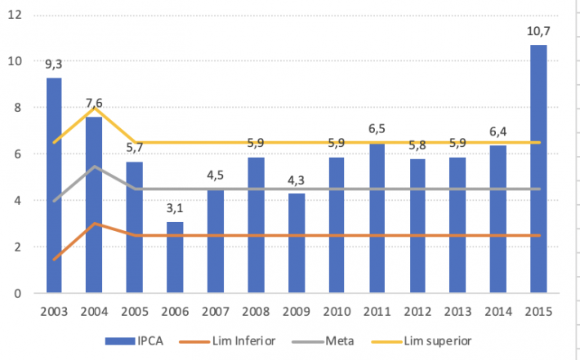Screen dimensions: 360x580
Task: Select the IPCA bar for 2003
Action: click(x=54, y=184)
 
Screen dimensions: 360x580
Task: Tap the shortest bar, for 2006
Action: click(x=175, y=257)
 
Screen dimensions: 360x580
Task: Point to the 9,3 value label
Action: click(x=54, y=64)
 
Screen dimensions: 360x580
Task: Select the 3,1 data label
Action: click(x=175, y=208)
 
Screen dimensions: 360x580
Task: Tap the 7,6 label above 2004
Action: click(x=95, y=102)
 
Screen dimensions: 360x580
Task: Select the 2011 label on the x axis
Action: click(x=377, y=311)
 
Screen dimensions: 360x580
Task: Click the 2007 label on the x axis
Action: click(x=216, y=311)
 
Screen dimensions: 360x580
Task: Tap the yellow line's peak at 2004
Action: click(x=95, y=108)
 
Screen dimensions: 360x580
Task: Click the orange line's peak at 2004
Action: click(x=95, y=224)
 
